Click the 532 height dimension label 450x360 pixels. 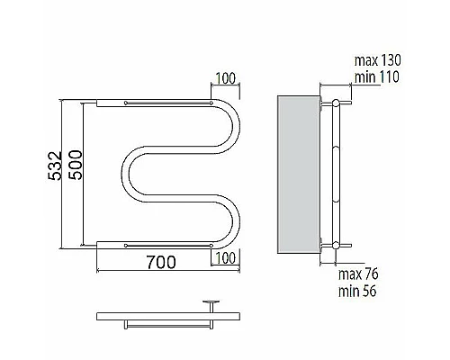coord(55,166)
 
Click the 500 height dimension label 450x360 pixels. coord(75,165)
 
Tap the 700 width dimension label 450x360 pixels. coord(161,262)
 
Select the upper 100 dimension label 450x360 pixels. coord(226,78)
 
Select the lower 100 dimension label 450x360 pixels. coord(226,258)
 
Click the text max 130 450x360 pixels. coord(377,60)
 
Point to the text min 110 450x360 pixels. coord(377,77)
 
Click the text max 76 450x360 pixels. coord(358,274)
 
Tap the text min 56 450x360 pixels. coord(357,291)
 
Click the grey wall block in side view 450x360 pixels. coord(299,175)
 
